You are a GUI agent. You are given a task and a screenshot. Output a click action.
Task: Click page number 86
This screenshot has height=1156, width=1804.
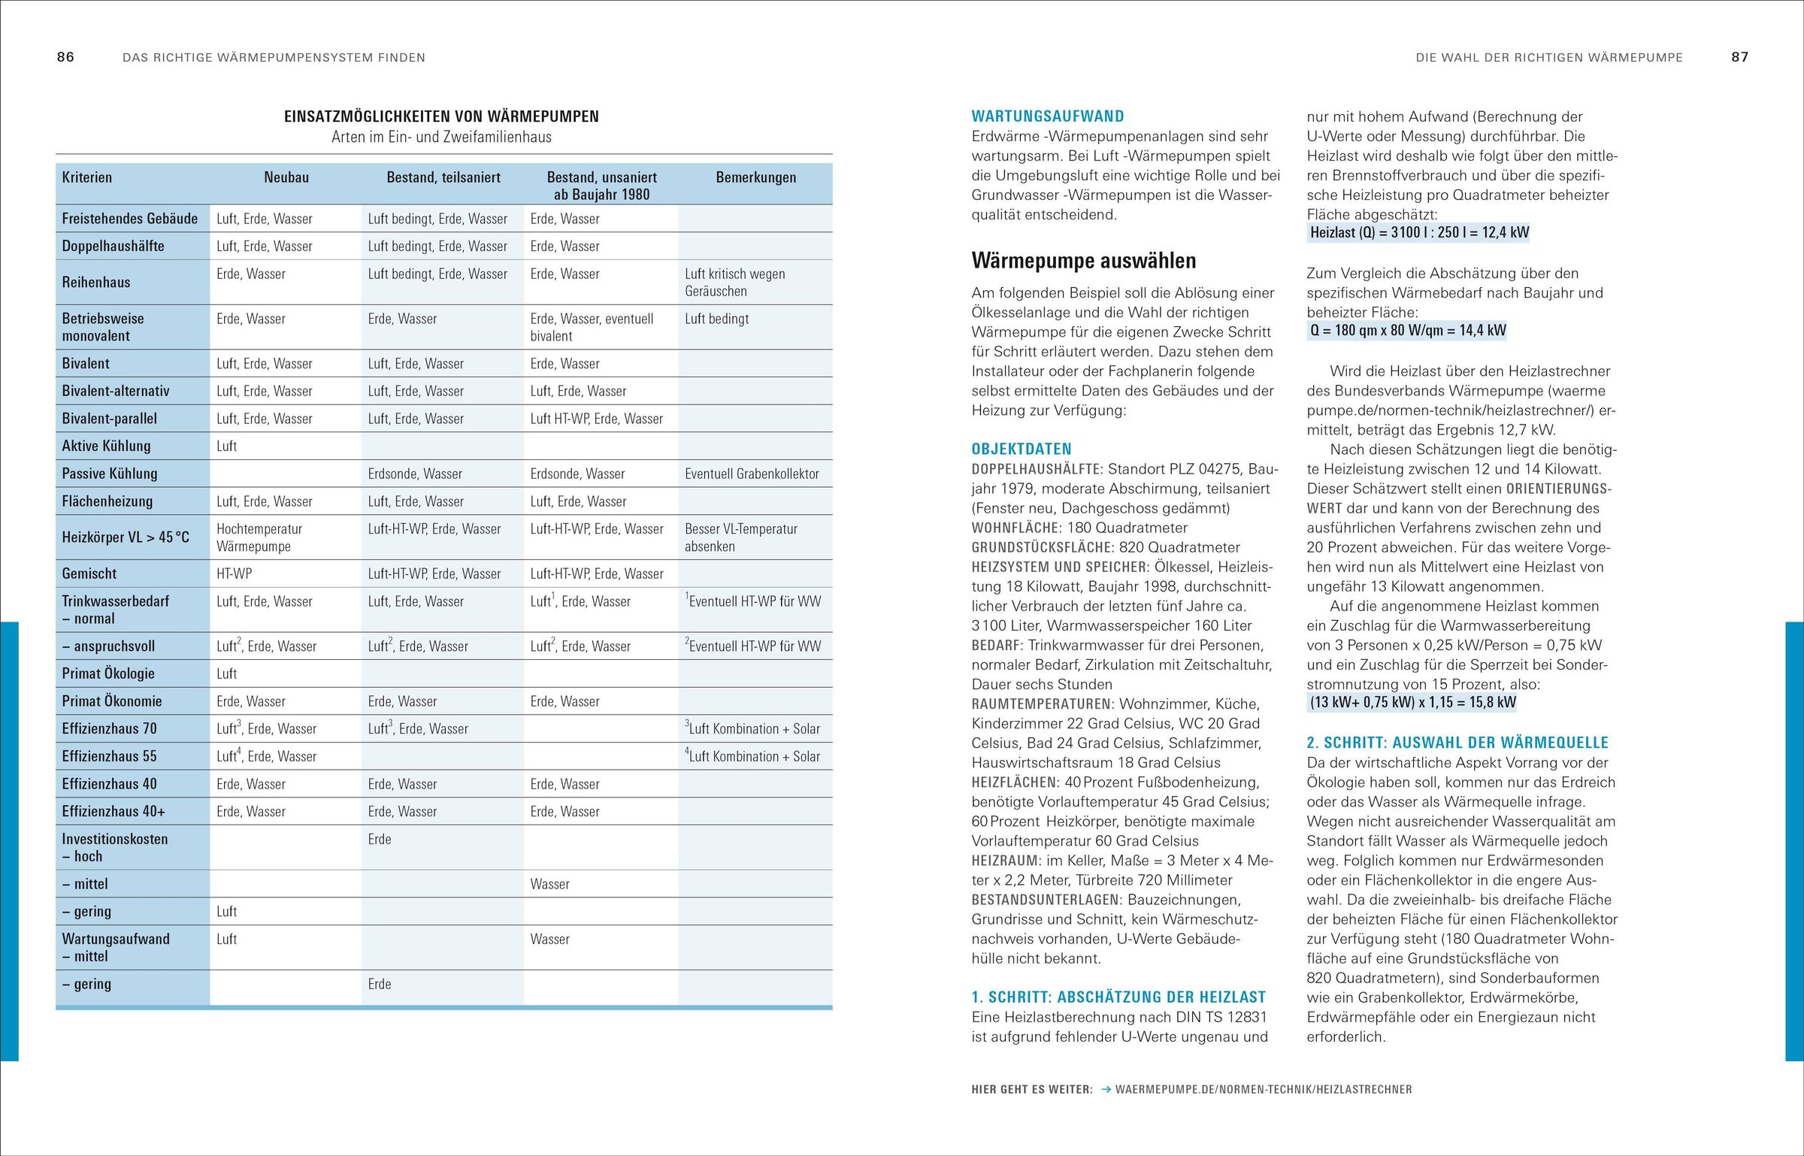[x=65, y=57]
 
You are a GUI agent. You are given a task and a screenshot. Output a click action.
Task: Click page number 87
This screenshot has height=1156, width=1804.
[x=1739, y=57]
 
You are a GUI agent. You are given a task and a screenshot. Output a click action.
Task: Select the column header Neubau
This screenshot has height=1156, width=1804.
[x=286, y=177]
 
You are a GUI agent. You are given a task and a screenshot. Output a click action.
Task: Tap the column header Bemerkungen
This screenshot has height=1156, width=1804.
[x=755, y=177]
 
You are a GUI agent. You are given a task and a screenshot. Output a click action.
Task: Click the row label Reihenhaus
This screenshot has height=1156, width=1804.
[x=96, y=283]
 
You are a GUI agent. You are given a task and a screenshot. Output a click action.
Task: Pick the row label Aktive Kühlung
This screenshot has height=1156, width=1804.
[x=106, y=446]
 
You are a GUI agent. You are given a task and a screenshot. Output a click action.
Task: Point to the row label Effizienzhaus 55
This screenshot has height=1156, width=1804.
[x=109, y=756]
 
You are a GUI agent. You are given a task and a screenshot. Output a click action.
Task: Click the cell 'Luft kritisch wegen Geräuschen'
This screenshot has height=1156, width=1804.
[x=734, y=283]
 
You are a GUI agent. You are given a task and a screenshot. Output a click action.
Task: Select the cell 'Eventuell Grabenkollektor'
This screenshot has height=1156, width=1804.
[x=752, y=474]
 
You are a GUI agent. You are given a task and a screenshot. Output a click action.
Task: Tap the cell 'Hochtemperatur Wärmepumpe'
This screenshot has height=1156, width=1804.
[x=259, y=537]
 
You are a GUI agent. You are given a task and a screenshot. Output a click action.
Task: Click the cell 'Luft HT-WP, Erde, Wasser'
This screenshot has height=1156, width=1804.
[x=596, y=419]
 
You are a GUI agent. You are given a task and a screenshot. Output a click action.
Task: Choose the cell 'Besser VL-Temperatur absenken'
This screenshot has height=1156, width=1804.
[x=740, y=537]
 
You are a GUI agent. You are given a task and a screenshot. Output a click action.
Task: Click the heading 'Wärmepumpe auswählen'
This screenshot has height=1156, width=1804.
[x=1083, y=261]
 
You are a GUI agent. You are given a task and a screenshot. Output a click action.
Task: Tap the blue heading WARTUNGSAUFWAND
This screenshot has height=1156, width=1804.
[x=1047, y=117]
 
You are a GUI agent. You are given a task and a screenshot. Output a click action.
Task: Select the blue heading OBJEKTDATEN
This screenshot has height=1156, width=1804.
[x=1021, y=449]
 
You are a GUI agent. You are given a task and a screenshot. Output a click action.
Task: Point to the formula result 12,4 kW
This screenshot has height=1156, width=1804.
[x=1505, y=232]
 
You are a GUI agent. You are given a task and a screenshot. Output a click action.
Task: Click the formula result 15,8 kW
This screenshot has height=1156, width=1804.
[x=1495, y=702]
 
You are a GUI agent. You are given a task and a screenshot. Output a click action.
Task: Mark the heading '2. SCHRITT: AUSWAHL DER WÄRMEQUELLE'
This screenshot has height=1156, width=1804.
[x=1457, y=743]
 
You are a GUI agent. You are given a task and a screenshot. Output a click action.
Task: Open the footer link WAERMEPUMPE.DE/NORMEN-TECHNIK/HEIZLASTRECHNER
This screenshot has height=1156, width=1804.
[x=1263, y=1089]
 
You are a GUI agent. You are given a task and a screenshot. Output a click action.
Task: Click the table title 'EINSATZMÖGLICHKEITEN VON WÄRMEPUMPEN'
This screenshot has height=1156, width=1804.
[x=441, y=117]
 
